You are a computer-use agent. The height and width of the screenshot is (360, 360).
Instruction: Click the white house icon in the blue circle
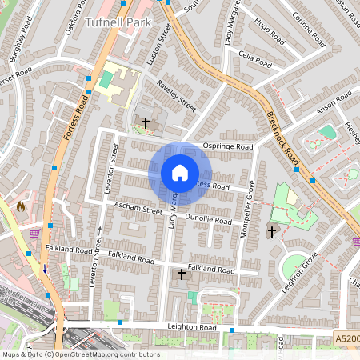pyautogui.click(x=180, y=173)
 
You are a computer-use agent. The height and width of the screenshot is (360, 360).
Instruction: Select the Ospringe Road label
pyautogui.click(x=228, y=147)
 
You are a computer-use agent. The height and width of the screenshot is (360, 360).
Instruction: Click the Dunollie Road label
pyautogui.click(x=208, y=218)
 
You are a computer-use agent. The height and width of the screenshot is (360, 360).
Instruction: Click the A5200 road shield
pyautogui.click(x=346, y=341)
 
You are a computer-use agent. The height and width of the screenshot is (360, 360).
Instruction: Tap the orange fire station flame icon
pyautogui.click(x=21, y=206)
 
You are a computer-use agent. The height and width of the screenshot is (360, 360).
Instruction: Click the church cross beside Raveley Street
pyautogui.click(x=145, y=122)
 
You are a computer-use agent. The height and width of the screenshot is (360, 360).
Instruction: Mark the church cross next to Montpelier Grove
pyautogui.click(x=271, y=232)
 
